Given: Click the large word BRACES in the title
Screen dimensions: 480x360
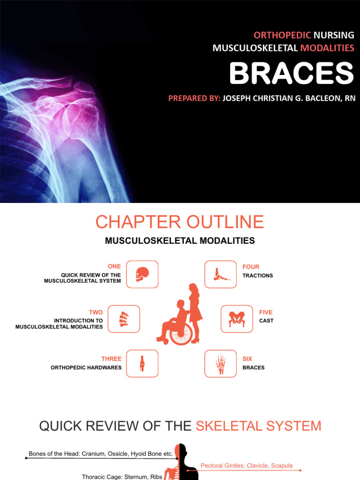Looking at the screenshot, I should point(291,74).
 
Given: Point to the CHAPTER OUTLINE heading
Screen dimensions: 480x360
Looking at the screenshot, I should point(180,222).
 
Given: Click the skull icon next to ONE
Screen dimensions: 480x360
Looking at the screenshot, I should point(142,274).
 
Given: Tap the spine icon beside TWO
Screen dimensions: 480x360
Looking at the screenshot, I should point(124,319).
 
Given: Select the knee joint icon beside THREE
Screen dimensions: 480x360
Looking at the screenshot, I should point(142,364).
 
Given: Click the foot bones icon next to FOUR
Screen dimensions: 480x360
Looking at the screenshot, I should point(220,274).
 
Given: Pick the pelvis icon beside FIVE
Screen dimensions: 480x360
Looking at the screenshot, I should point(237,319).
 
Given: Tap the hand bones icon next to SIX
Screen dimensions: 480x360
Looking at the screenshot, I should point(220,364).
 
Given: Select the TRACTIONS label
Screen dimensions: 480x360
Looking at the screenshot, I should point(257,276).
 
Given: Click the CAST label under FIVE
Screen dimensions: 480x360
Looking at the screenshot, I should point(266,321).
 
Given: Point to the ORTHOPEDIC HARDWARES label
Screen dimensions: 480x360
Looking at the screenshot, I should point(86,367).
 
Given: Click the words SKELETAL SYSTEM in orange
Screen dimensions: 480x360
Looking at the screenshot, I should point(258,426).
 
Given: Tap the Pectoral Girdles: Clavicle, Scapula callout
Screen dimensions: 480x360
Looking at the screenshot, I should point(247,465).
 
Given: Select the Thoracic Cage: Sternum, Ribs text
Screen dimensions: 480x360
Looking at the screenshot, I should point(122,477).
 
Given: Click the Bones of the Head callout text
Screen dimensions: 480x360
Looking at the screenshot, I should point(101,454).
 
